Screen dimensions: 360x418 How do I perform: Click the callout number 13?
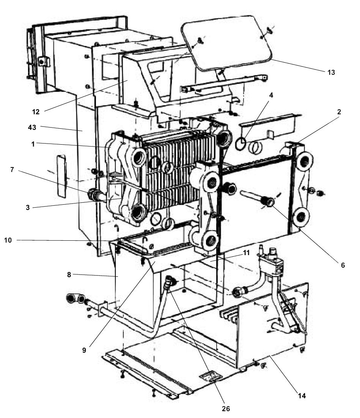pyautogui.click(x=331, y=72)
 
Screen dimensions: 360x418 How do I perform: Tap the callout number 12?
pyautogui.click(x=36, y=112)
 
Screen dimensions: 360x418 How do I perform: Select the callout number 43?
pyautogui.click(x=32, y=128)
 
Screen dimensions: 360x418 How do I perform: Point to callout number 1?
pyautogui.click(x=33, y=144)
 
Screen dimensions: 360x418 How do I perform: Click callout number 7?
pyautogui.click(x=12, y=170)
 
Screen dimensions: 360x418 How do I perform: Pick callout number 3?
pyautogui.click(x=28, y=208)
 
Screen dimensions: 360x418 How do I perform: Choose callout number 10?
pyautogui.click(x=8, y=240)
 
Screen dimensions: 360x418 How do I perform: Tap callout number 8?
pyautogui.click(x=69, y=274)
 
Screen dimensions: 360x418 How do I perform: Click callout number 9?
pyautogui.click(x=84, y=350)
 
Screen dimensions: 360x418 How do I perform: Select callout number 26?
pyautogui.click(x=226, y=409)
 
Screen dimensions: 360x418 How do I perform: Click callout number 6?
pyautogui.click(x=343, y=265)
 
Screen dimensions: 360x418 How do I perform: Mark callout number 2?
pyautogui.click(x=339, y=112)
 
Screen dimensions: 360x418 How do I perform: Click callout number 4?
pyautogui.click(x=271, y=95)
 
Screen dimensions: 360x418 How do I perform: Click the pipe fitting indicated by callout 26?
pyautogui.click(x=169, y=282)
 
